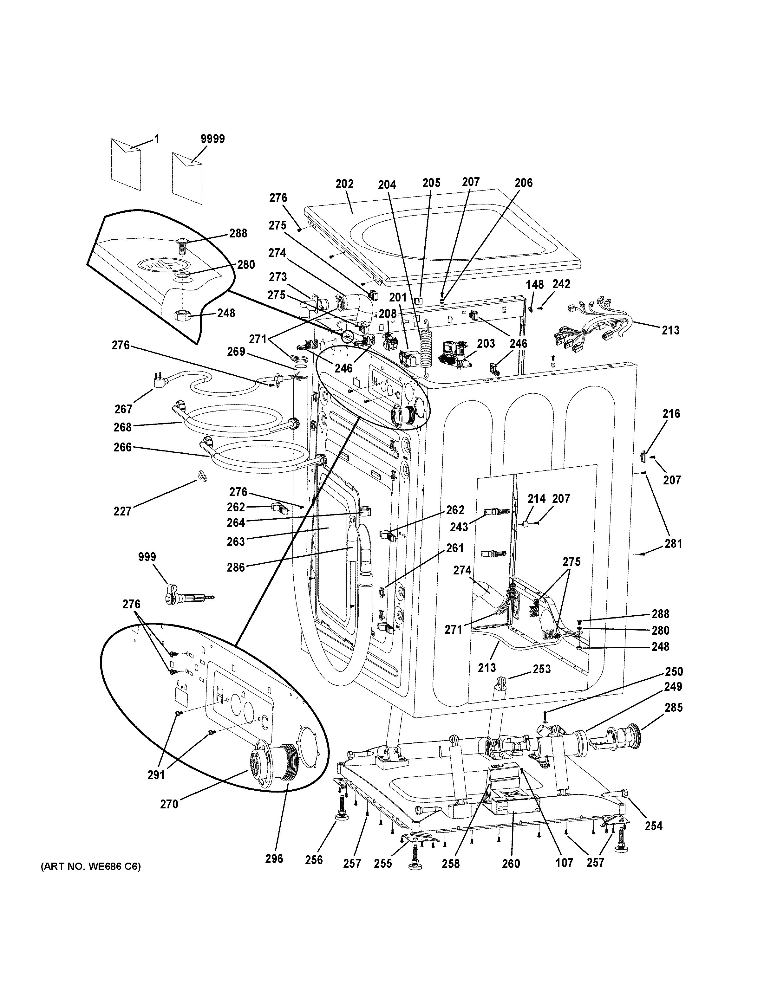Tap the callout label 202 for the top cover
click(x=344, y=184)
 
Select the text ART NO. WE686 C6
click(x=91, y=866)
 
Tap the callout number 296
click(x=274, y=858)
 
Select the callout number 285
click(x=674, y=708)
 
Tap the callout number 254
click(x=653, y=826)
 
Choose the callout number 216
click(x=671, y=414)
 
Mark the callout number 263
click(x=236, y=541)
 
